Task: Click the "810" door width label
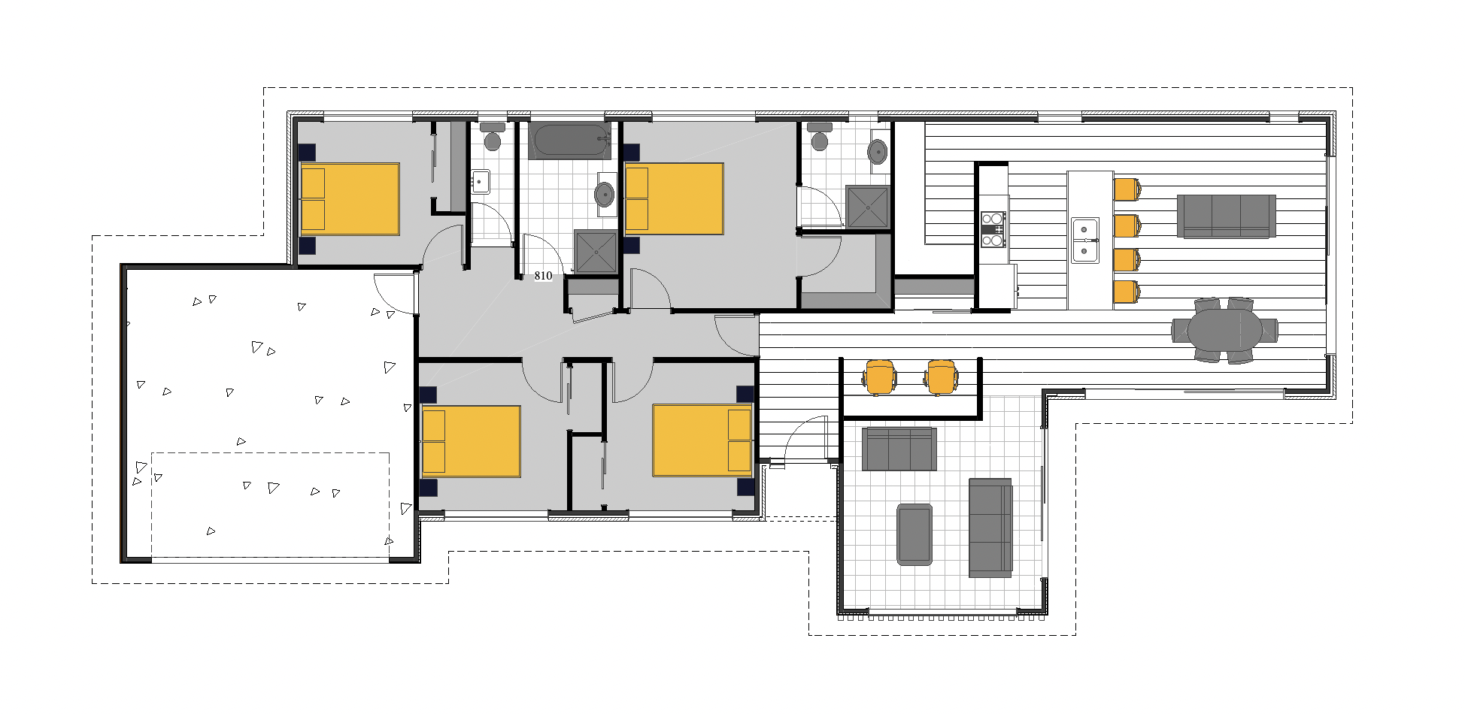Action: [x=543, y=276]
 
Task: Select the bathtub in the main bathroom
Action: [x=570, y=141]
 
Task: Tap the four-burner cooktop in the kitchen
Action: [x=993, y=229]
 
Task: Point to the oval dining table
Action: [x=1225, y=330]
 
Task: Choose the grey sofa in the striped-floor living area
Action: [x=1227, y=216]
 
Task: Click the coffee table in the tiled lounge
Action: [x=914, y=534]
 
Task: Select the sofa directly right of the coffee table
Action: [x=990, y=528]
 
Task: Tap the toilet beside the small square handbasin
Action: [x=493, y=137]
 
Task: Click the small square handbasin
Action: [x=480, y=182]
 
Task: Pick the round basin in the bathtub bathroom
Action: [x=605, y=194]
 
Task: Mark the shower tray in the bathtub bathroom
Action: [x=595, y=251]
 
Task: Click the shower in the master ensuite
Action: [x=868, y=207]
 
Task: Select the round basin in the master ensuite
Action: [x=878, y=151]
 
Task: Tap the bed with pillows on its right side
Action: [x=702, y=440]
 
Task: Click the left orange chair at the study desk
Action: [x=880, y=377]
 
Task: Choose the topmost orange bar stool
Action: [x=1126, y=189]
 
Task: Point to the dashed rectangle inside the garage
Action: [x=271, y=452]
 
